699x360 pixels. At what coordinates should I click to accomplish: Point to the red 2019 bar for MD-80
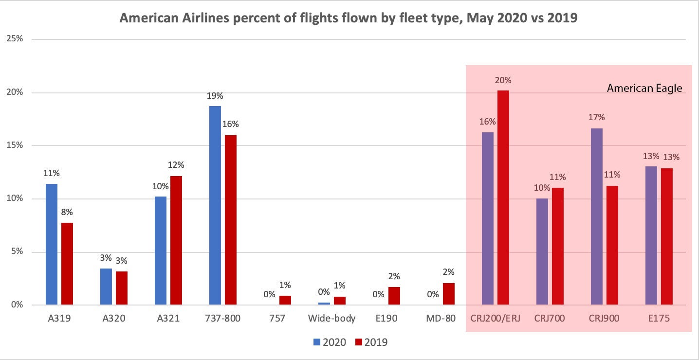coord(449,294)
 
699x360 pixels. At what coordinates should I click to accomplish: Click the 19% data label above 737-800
coord(215,96)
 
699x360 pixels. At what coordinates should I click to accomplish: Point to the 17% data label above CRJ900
coord(597,117)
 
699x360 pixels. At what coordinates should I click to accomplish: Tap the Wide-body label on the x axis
coord(331,319)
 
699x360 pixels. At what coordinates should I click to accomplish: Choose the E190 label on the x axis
coord(386,319)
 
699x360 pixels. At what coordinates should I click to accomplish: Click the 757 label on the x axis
coord(277,319)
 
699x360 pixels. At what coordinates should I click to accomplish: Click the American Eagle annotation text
coord(644,89)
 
